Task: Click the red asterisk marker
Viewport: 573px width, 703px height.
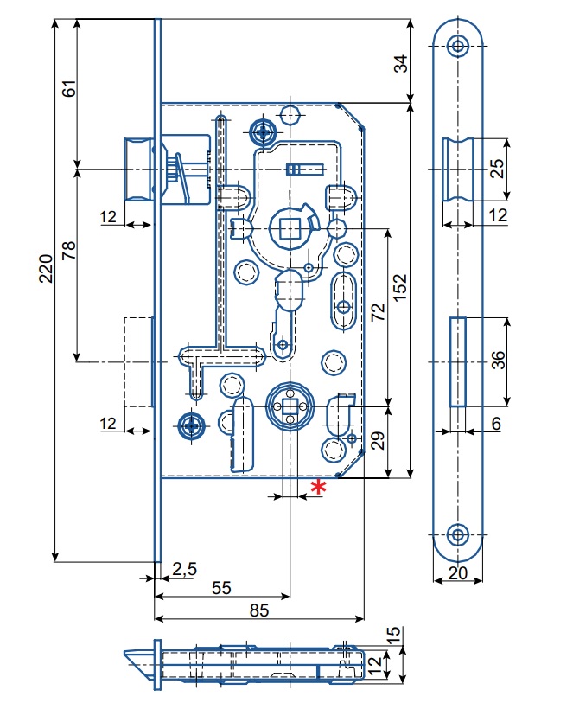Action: [317, 488]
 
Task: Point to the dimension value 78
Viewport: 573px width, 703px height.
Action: [70, 252]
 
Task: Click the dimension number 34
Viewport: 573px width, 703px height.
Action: [424, 64]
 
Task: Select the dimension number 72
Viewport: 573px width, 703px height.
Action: [378, 312]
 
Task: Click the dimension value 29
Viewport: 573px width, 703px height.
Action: [378, 441]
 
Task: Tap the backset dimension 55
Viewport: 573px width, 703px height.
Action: [221, 587]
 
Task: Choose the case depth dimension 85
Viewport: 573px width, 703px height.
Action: [258, 610]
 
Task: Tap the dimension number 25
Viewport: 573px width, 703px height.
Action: [498, 169]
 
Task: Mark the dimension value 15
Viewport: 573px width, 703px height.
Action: [394, 636]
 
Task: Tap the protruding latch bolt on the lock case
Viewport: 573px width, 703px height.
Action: [138, 169]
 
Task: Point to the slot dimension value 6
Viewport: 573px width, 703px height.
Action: [495, 425]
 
